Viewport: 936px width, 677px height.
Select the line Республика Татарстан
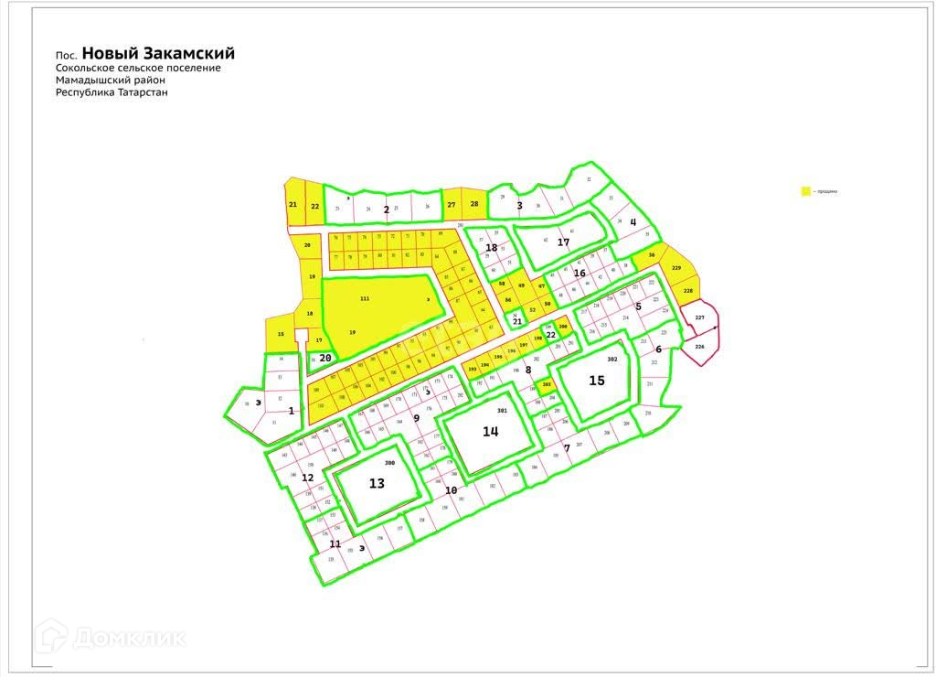(112, 92)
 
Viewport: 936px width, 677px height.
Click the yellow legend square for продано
(805, 191)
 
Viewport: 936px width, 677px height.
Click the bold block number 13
(377, 484)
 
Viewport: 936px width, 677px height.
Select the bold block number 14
(491, 432)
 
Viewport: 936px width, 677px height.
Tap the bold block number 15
(597, 381)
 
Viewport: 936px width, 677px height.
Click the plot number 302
(612, 360)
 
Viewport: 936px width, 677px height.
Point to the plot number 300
(389, 463)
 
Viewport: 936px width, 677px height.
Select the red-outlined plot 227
(700, 318)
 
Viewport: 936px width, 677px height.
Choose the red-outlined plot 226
(699, 348)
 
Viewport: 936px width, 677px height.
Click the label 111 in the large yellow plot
(365, 300)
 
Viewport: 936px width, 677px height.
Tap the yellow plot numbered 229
(676, 267)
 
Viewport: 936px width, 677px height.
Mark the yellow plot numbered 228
(688, 290)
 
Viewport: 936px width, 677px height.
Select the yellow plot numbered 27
(452, 205)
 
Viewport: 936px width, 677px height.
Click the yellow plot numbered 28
(473, 204)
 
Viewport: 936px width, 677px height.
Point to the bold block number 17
(563, 242)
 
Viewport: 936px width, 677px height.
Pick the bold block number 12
(308, 478)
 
